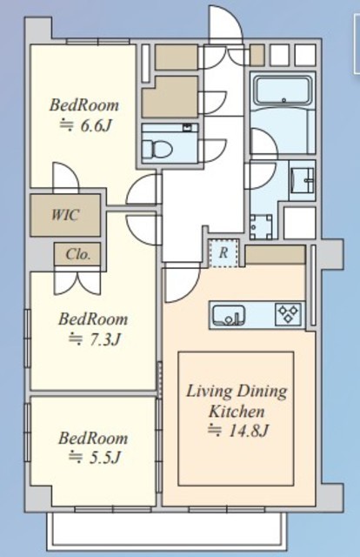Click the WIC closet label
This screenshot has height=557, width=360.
point(65,215)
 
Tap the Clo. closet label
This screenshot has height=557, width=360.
point(77,254)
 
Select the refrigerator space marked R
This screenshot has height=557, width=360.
point(223,253)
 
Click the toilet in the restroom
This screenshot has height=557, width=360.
point(157,149)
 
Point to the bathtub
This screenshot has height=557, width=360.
point(283,91)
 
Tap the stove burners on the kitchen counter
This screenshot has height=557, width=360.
point(289,314)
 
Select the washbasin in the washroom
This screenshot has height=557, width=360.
point(303,180)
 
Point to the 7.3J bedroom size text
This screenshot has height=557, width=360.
point(94,339)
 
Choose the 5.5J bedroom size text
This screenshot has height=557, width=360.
point(94,458)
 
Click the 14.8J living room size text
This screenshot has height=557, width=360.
point(238,431)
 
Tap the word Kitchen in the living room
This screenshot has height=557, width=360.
point(237,412)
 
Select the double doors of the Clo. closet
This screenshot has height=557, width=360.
point(77,281)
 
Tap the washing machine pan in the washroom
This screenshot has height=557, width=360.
point(261,227)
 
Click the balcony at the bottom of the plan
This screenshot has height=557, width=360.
point(166,530)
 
